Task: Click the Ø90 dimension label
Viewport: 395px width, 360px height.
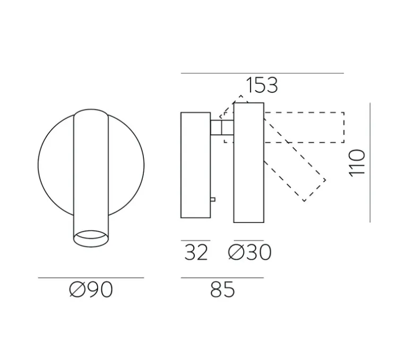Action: [91, 289]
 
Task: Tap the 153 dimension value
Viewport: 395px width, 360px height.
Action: [262, 85]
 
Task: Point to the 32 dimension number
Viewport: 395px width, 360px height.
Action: [195, 253]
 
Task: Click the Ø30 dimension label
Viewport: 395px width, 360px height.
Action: [249, 253]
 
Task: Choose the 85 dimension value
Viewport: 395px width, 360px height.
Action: [222, 289]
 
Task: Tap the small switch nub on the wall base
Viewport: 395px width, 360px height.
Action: [212, 200]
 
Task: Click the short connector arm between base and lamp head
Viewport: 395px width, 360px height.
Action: [222, 127]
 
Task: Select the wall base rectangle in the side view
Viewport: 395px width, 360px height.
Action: [195, 165]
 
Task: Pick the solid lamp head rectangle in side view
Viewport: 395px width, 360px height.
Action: [248, 162]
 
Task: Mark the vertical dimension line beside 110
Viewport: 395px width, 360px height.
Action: [370, 162]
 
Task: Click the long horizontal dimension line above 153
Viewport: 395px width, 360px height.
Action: [262, 73]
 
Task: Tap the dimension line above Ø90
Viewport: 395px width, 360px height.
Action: [91, 277]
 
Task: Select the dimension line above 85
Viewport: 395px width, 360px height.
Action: [222, 277]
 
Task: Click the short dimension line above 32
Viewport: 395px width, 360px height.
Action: [195, 241]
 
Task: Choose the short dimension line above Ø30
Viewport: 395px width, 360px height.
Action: [248, 241]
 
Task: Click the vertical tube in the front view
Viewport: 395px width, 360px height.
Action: [90, 170]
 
